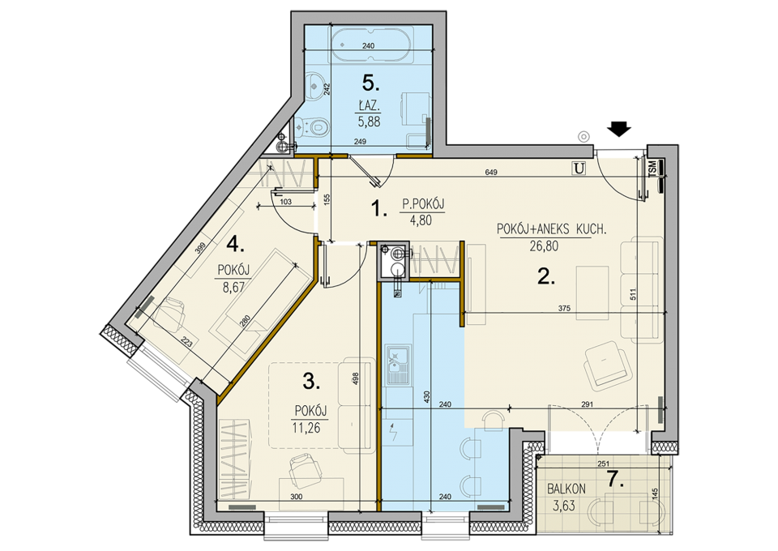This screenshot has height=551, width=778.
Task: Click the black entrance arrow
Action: pyautogui.click(x=618, y=129)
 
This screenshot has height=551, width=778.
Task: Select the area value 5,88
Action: pyautogui.click(x=370, y=121)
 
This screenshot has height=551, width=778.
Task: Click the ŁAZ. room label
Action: pyautogui.click(x=370, y=105)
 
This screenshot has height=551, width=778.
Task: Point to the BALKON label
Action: pyautogui.click(x=566, y=489)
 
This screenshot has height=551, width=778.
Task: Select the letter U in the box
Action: pyautogui.click(x=579, y=169)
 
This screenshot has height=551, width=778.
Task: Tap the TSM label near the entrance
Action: pyautogui.click(x=652, y=167)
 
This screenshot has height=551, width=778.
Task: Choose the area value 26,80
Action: pyautogui.click(x=545, y=246)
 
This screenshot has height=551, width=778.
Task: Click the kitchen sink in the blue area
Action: pyautogui.click(x=398, y=365)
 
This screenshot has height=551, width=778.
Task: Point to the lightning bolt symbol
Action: pyautogui.click(x=394, y=433)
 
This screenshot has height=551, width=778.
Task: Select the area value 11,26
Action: pyautogui.click(x=306, y=427)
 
